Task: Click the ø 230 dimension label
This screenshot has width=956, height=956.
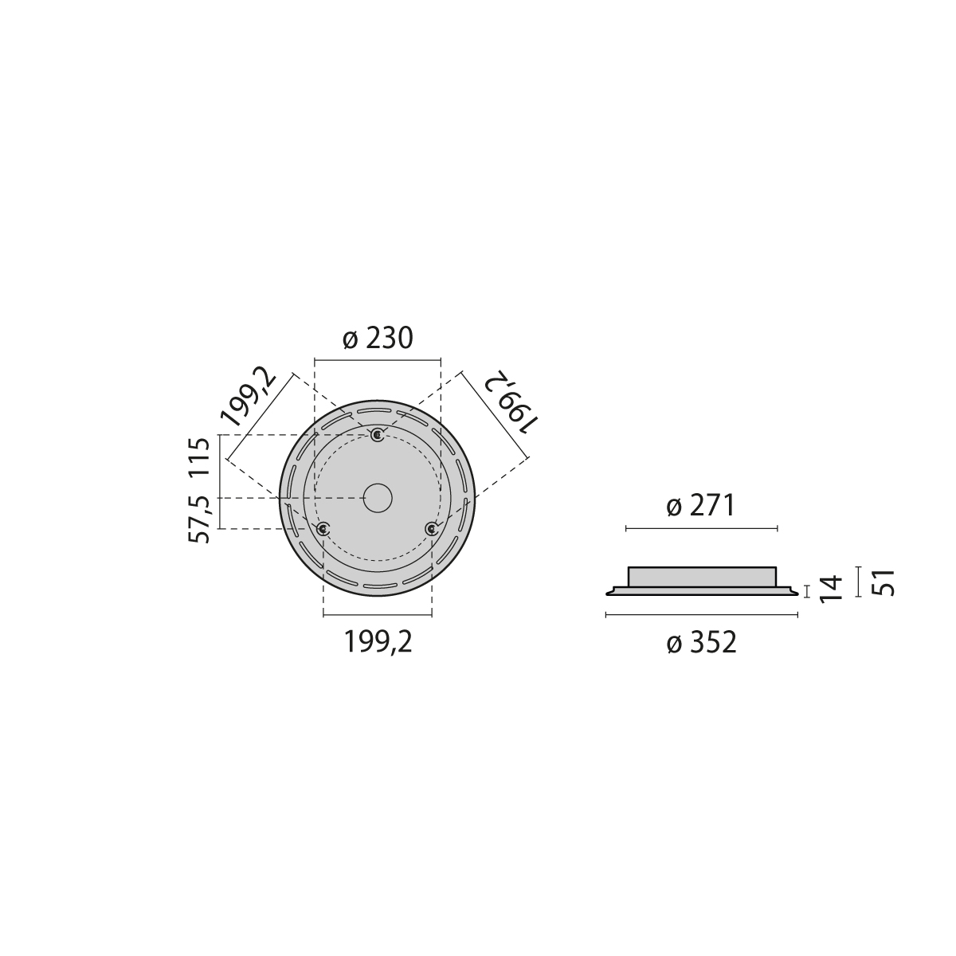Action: (x=378, y=339)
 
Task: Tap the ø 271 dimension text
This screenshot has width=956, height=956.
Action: (x=700, y=507)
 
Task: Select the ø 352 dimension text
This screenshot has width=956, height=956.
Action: (x=702, y=644)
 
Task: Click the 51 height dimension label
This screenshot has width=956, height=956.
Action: (x=883, y=582)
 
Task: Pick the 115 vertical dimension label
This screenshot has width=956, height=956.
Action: (x=200, y=458)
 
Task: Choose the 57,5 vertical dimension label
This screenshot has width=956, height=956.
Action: (x=199, y=519)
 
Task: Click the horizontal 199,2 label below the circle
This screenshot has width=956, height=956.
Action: (x=378, y=642)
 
